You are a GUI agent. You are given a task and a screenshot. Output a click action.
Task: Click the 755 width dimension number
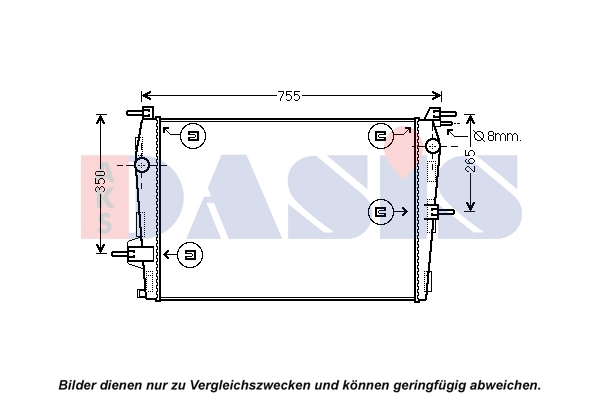289,96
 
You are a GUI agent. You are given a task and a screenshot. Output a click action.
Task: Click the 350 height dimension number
100,182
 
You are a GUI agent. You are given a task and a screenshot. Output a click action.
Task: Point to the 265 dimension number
471,161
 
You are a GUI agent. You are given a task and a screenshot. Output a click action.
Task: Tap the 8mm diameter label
497,136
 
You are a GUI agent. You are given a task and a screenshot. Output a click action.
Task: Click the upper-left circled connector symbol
193,136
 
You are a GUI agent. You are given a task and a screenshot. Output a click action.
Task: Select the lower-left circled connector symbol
190,255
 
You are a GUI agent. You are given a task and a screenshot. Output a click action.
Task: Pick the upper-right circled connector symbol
381,136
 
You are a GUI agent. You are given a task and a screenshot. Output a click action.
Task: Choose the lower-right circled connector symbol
381,211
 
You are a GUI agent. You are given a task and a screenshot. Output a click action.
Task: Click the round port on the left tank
142,165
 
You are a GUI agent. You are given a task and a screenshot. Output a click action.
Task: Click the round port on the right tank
433,146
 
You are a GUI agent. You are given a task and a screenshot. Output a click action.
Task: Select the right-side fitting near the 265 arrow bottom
439,211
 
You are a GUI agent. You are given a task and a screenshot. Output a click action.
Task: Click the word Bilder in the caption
77,384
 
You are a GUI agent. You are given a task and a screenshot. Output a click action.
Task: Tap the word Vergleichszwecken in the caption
251,385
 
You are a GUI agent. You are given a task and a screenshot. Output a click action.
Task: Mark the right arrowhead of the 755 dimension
437,96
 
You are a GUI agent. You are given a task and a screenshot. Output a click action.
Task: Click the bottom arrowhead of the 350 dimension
100,248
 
